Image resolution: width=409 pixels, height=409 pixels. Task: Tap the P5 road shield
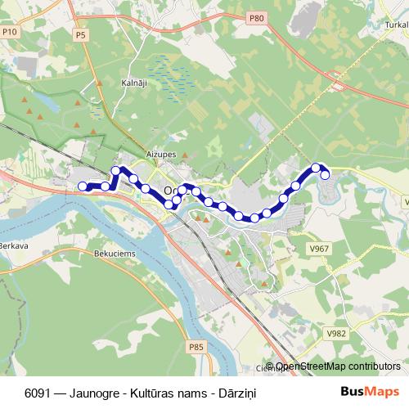tap(80, 35)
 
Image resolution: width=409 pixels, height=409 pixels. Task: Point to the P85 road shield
tap(196, 347)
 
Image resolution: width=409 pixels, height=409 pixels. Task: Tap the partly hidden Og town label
tap(169, 191)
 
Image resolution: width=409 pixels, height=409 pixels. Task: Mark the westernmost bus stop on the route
tap(82, 187)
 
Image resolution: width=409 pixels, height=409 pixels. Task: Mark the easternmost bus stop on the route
tap(325, 174)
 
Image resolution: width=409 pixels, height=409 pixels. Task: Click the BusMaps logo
tap(370, 391)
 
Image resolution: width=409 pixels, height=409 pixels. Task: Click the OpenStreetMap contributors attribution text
tap(337, 366)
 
